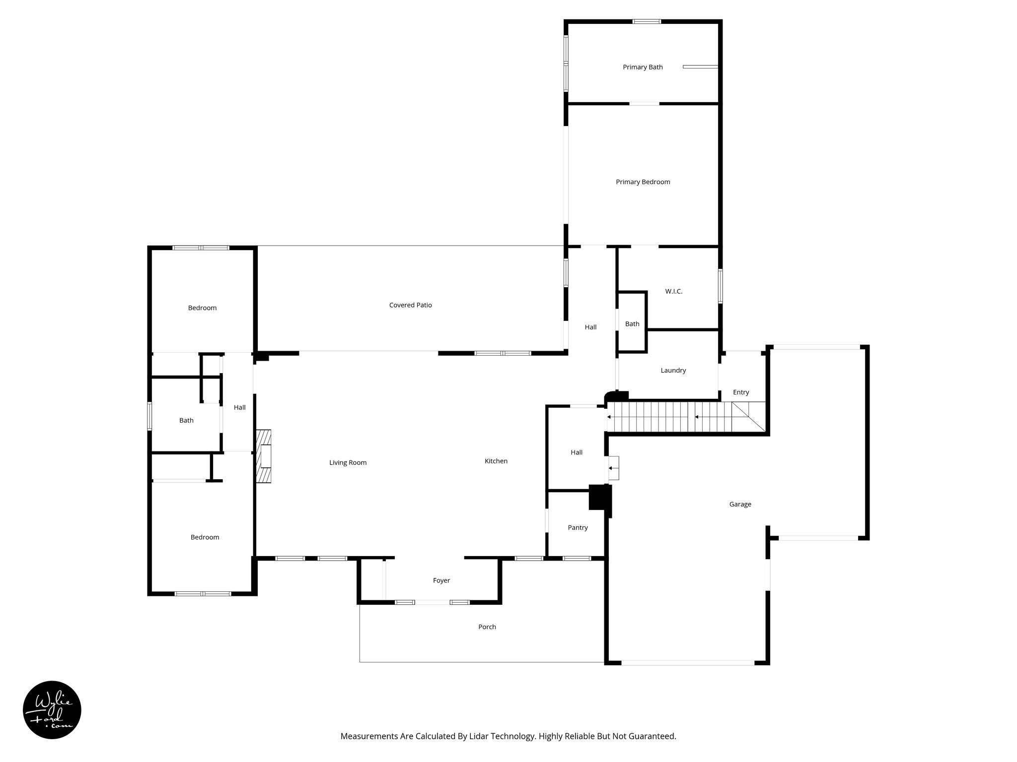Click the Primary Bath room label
(643, 67)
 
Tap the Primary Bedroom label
(643, 182)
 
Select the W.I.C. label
(673, 291)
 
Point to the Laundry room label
(673, 370)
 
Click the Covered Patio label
(410, 305)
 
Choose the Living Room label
(348, 462)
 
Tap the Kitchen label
(496, 461)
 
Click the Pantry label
(578, 527)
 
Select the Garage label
(740, 504)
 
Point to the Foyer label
(441, 580)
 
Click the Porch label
(487, 627)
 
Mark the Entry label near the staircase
(740, 392)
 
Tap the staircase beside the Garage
(685, 417)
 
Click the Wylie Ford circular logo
(52, 710)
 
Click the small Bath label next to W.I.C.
(632, 324)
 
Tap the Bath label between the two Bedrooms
(186, 420)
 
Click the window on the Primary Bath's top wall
(647, 21)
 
